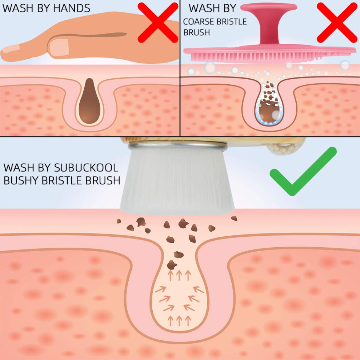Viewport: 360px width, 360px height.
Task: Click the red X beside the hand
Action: (158, 23)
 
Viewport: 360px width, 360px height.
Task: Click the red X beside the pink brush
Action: (337, 23)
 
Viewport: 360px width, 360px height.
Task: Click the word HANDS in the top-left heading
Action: (72, 8)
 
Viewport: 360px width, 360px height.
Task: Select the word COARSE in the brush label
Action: (198, 21)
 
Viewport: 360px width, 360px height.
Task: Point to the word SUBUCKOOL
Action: (86, 168)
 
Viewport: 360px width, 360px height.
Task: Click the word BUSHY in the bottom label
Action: (21, 180)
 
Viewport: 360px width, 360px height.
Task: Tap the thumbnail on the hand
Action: (59, 47)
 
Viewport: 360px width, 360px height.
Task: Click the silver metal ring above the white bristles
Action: (178, 146)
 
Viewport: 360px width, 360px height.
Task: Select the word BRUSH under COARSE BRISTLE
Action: (197, 33)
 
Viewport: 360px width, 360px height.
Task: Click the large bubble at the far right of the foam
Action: (345, 65)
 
